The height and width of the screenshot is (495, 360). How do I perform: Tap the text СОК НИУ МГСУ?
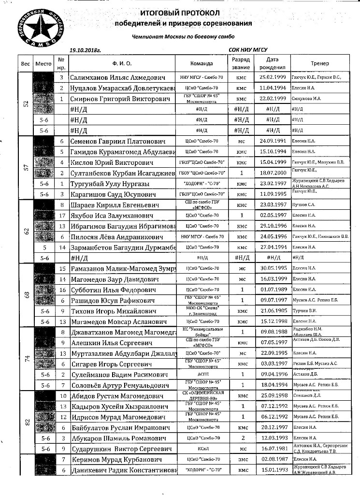click(248, 49)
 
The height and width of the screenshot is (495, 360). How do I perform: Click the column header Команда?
click(202, 63)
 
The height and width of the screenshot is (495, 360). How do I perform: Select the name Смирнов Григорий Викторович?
click(120, 99)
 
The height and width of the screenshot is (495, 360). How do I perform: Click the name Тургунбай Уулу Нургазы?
click(109, 184)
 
